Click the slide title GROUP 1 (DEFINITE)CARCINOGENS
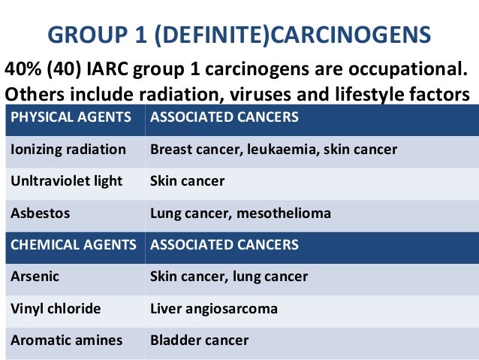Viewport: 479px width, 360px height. click(239, 35)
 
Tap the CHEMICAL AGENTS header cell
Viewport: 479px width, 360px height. click(74, 245)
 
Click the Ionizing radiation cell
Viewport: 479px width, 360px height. click(68, 150)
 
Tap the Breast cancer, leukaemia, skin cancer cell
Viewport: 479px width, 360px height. click(273, 150)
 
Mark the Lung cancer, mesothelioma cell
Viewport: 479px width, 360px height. click(240, 213)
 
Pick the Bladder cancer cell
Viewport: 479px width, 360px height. click(199, 340)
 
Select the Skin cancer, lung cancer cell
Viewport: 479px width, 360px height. click(229, 277)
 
